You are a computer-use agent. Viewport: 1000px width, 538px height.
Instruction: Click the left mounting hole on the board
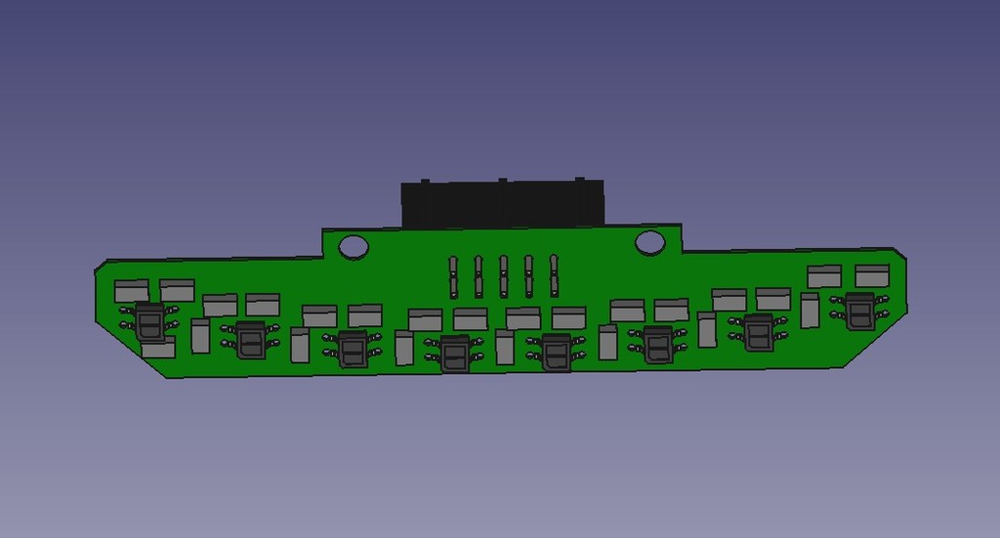[354, 246]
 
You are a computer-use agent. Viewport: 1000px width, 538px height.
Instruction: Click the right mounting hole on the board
[649, 242]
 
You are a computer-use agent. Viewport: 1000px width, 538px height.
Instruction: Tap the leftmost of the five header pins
[453, 276]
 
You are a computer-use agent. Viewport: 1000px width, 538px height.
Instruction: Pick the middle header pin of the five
[504, 276]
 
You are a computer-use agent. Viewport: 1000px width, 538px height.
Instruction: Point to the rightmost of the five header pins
[554, 275]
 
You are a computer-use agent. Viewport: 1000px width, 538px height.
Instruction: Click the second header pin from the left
[479, 276]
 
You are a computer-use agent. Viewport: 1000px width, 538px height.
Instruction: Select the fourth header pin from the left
[528, 276]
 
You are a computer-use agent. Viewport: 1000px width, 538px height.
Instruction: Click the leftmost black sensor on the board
[149, 320]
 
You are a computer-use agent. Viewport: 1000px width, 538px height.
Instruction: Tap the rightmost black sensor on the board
[860, 311]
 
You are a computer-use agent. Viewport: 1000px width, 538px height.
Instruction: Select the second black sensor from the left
[251, 340]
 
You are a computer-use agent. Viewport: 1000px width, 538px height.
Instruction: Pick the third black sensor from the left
[353, 349]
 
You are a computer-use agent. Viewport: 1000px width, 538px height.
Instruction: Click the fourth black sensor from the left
[454, 353]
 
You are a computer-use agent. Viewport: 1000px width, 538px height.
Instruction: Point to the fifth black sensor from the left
[556, 352]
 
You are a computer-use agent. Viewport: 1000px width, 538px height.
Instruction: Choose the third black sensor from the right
[657, 344]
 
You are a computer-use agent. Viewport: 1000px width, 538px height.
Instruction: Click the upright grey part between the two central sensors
[505, 348]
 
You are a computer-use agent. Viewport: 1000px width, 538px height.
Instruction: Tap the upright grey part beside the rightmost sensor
[810, 310]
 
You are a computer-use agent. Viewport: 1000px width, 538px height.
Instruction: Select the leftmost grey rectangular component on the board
[132, 291]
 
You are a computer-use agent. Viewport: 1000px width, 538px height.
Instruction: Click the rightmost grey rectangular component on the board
[872, 275]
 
